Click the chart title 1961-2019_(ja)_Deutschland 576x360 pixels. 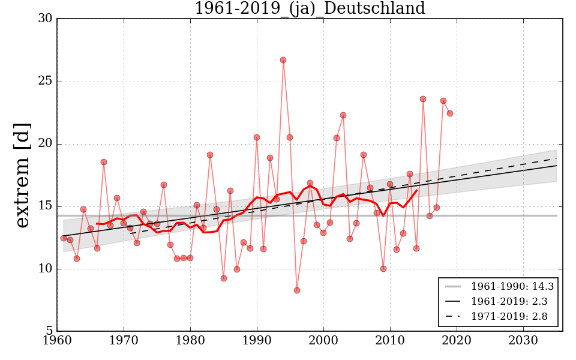[310, 8]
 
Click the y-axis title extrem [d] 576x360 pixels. [22, 175]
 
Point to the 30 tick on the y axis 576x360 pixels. [45, 19]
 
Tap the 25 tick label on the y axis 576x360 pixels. [45, 82]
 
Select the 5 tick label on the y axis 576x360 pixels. [49, 331]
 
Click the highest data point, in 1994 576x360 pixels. [283, 60]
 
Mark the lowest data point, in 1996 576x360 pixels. [296, 290]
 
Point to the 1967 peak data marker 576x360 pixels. [104, 162]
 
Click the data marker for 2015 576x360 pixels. [423, 99]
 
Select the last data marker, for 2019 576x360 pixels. [449, 113]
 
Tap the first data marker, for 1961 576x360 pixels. [64, 238]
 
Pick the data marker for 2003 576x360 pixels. [343, 115]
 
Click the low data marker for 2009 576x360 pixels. [383, 269]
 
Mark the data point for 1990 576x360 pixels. [257, 137]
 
